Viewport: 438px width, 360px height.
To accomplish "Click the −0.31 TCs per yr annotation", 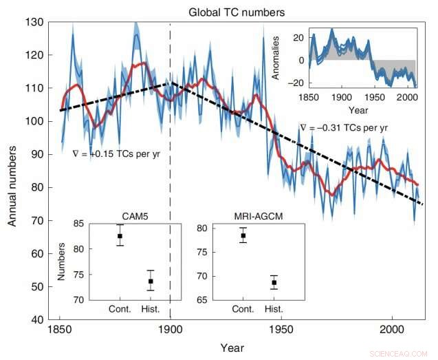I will [344, 128].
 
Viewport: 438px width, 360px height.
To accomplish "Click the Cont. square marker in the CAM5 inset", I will [120, 236].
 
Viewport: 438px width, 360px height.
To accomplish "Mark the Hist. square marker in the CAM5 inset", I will [151, 281].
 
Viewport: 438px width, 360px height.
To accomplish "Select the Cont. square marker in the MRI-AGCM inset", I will [243, 235].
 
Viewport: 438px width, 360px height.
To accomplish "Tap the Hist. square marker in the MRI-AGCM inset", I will [274, 282].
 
